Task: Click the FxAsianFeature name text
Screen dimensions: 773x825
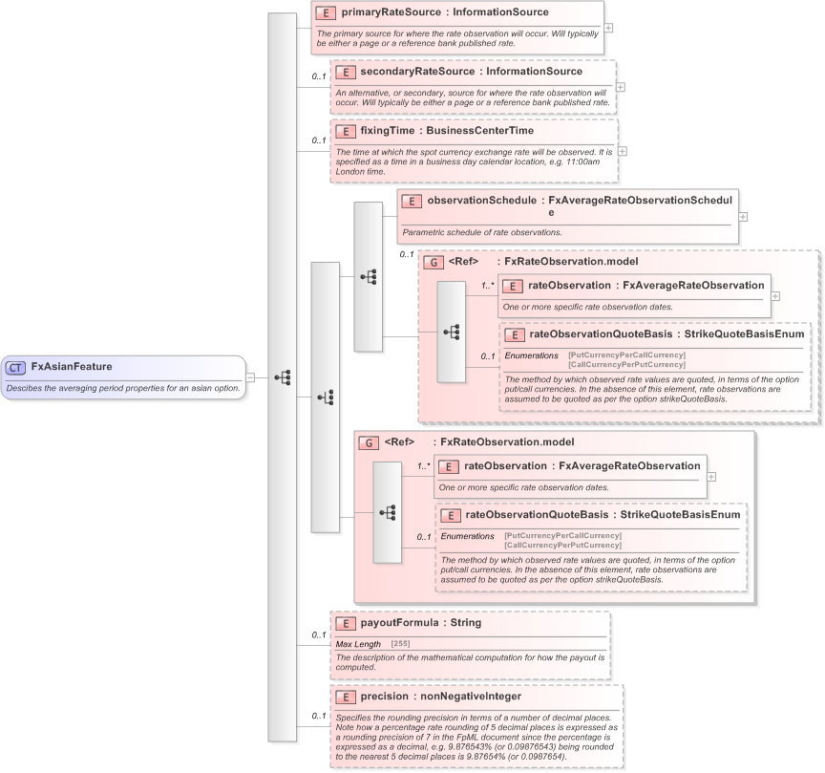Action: tap(72, 366)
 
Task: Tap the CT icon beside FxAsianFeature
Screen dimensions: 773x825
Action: tap(16, 367)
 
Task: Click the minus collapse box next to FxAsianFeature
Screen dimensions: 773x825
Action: tap(250, 376)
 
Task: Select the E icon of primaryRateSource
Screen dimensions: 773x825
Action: tap(326, 13)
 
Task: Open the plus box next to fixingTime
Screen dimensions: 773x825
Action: tap(623, 151)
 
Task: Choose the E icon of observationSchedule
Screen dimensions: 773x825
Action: tap(412, 202)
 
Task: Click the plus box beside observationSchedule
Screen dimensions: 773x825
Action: tap(743, 216)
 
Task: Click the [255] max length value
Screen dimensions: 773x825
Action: tap(402, 644)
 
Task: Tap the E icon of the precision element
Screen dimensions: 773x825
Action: tap(345, 698)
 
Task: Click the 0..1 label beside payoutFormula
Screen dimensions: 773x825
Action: tap(318, 634)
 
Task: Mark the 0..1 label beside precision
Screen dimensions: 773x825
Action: tap(318, 716)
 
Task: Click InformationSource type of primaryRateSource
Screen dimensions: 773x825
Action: tap(501, 12)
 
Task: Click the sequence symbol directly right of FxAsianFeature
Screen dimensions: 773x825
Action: tap(283, 376)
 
